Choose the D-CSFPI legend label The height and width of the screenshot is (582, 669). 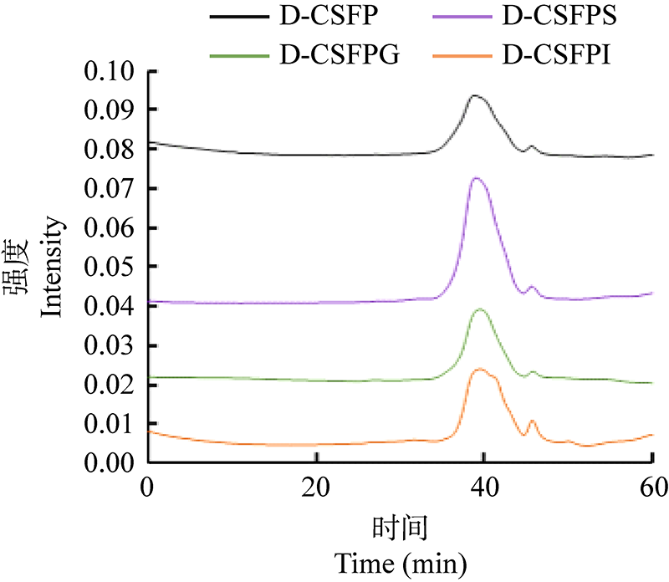tap(554, 56)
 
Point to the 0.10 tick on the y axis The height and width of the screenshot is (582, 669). tap(110, 71)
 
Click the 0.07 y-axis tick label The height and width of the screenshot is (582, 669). tap(110, 189)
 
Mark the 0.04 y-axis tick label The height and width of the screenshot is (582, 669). tap(110, 306)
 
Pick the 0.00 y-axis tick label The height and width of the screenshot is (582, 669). tap(110, 462)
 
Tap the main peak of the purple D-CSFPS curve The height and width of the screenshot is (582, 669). tap(476, 178)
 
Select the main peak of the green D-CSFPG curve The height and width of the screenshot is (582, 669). tap(480, 309)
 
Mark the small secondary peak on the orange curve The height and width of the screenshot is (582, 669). tap(532, 421)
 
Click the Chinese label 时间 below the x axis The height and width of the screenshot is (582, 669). tap(400, 528)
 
